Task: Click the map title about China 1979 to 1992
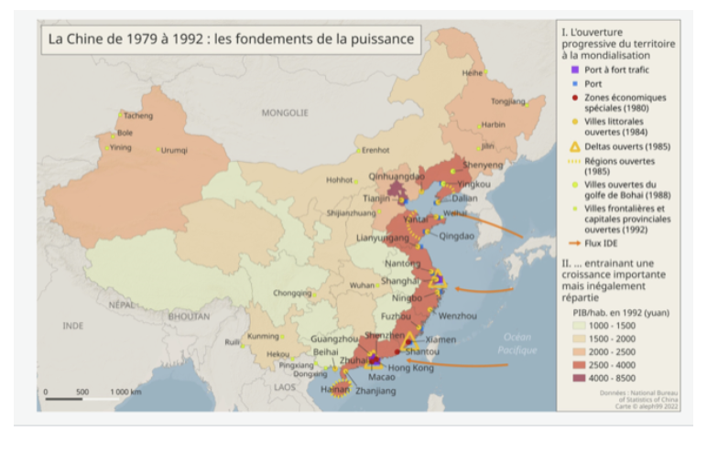tap(231, 39)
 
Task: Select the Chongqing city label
tap(292, 294)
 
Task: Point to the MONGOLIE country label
tap(285, 113)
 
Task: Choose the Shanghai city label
tap(401, 281)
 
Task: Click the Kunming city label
tap(263, 336)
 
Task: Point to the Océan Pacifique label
tap(517, 343)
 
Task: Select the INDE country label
tap(73, 326)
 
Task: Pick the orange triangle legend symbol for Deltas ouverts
tap(575, 147)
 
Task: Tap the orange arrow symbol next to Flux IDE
tap(575, 243)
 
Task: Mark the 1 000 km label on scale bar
tap(125, 392)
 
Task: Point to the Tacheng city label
tap(138, 116)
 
